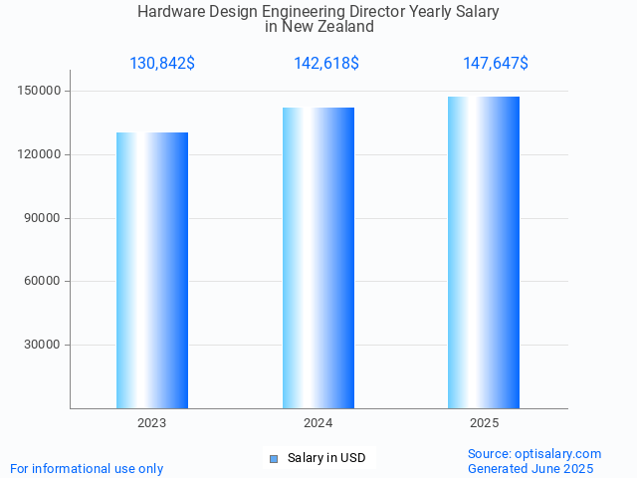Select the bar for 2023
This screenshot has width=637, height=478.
(x=152, y=270)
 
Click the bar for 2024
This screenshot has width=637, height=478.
(x=318, y=258)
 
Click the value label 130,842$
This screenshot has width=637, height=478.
(x=162, y=64)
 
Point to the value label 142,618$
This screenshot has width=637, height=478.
(x=326, y=64)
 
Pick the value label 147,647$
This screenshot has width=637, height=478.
(x=496, y=64)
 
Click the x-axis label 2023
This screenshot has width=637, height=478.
(x=152, y=423)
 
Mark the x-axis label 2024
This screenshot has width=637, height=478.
(x=318, y=423)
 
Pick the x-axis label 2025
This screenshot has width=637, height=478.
(x=484, y=423)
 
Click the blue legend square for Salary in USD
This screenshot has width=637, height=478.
(x=274, y=458)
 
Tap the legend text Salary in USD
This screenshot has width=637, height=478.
(x=326, y=458)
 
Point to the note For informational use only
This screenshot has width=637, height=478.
(x=87, y=468)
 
